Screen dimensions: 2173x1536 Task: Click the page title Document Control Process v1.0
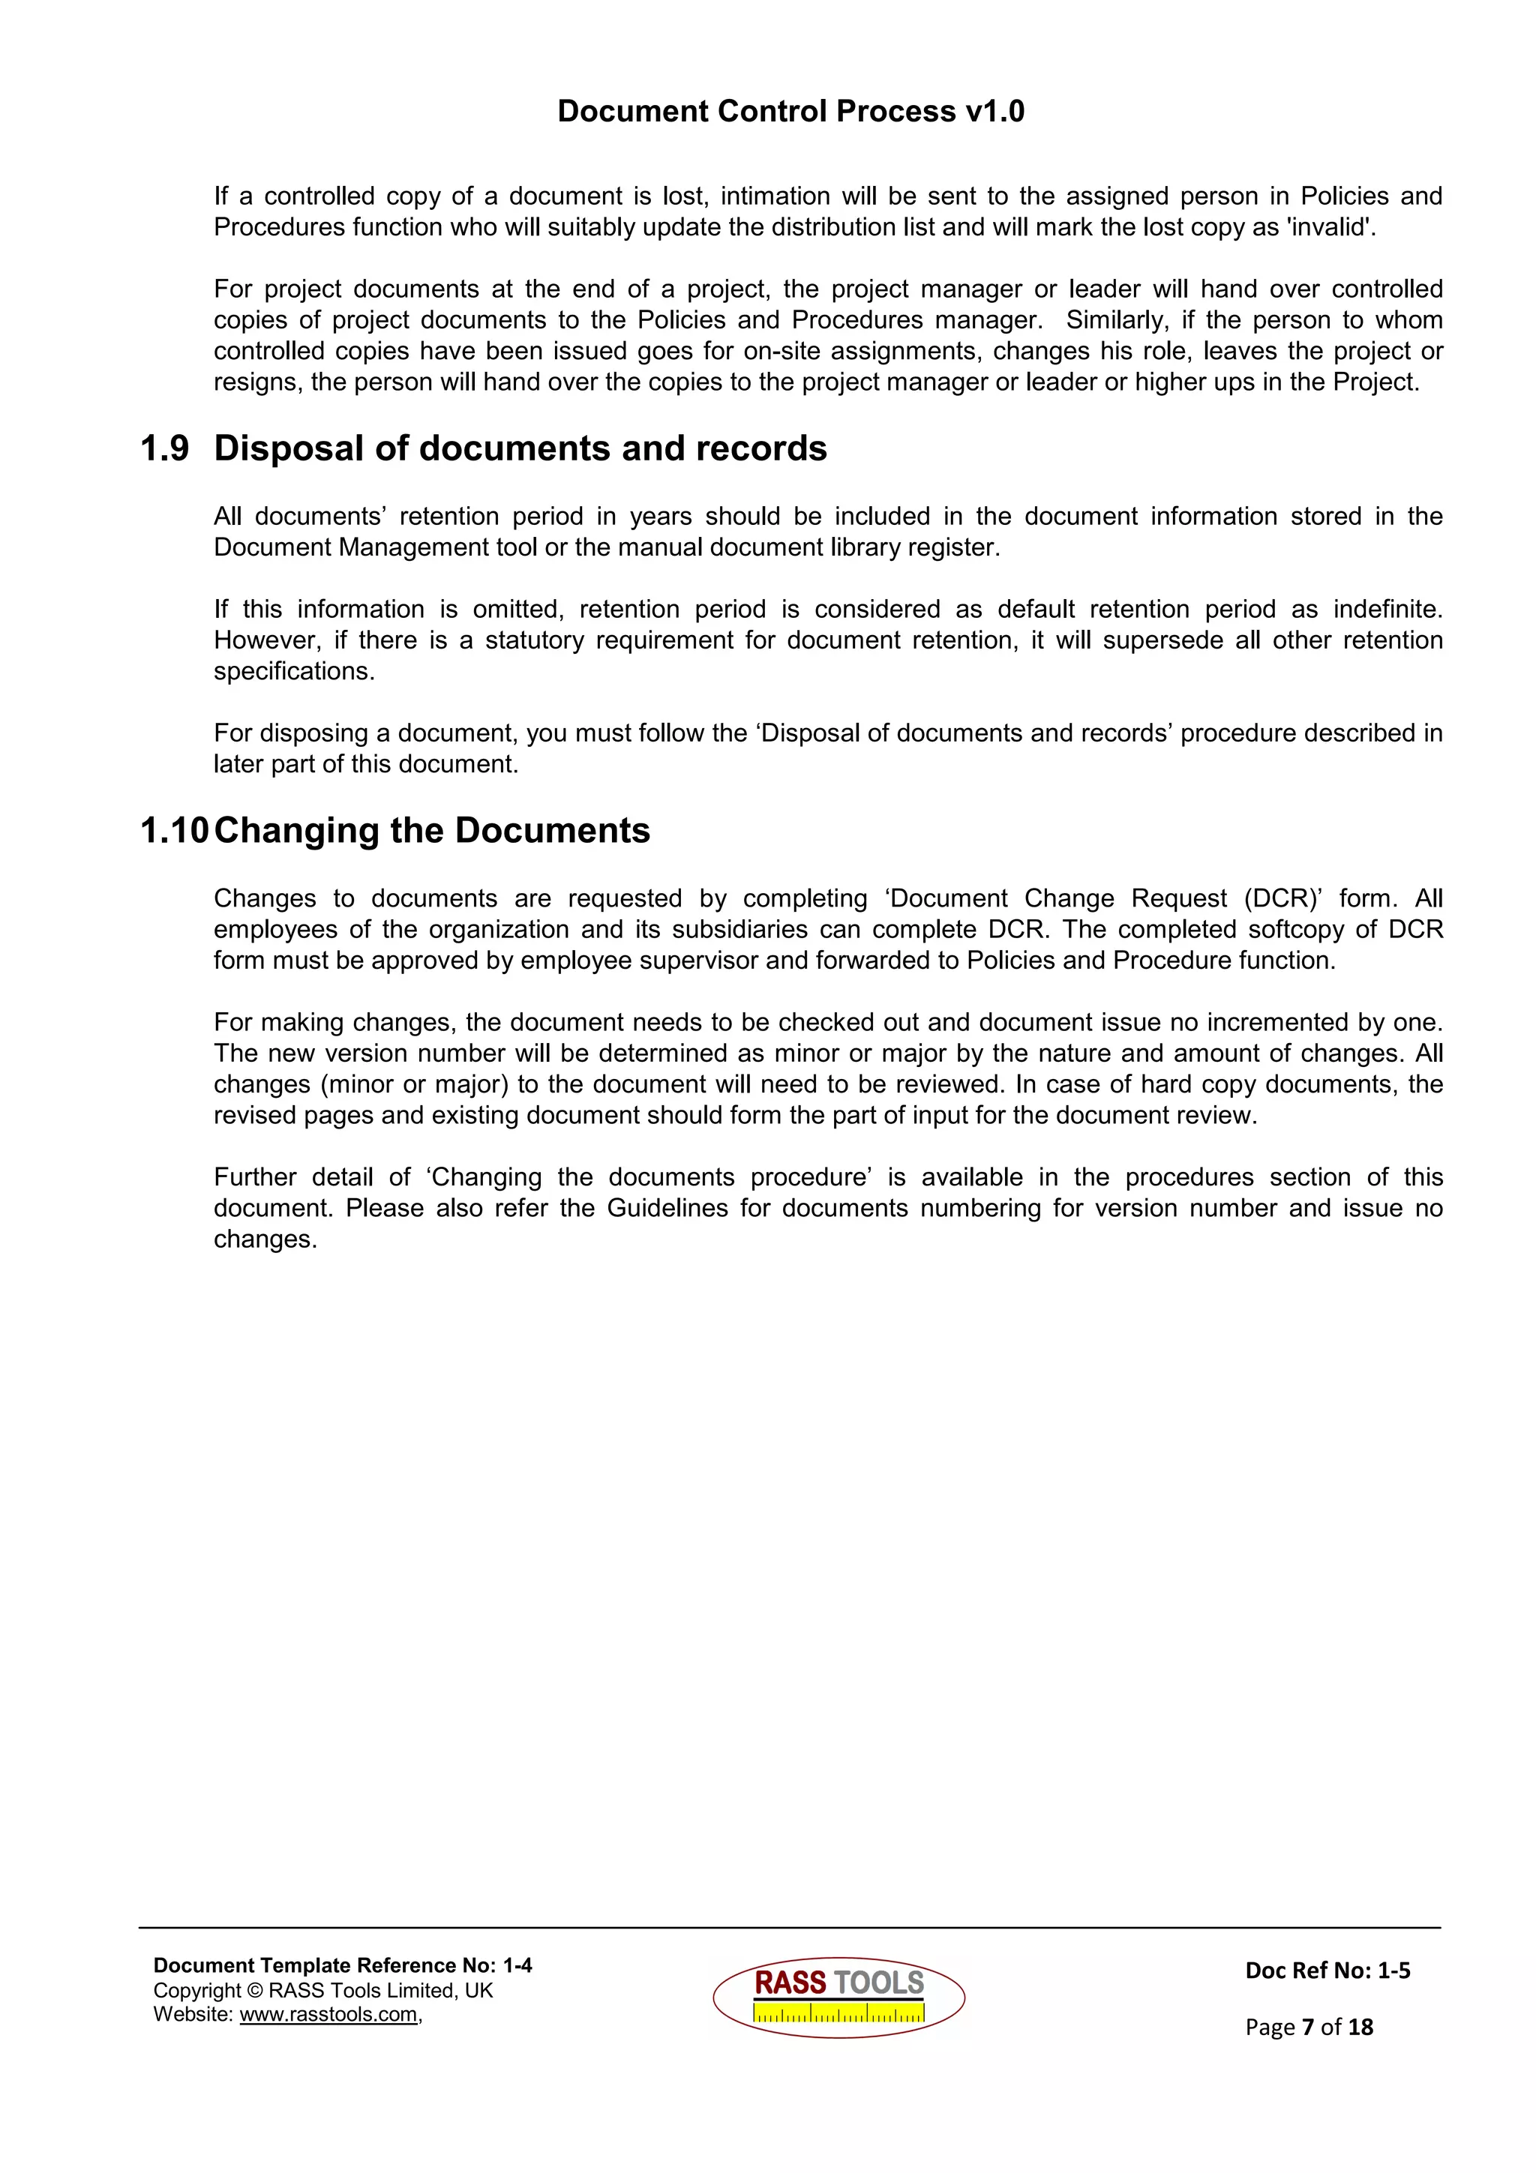tap(790, 111)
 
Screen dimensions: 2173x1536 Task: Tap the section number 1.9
tap(165, 448)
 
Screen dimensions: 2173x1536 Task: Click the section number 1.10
tap(173, 831)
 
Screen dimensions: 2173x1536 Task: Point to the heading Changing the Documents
tap(431, 831)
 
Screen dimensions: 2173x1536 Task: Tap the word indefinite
tap(1387, 609)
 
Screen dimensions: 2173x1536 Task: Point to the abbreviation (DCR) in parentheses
tap(1282, 898)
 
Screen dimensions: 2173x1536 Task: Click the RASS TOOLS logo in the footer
tap(838, 1997)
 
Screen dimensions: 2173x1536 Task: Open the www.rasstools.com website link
tap(328, 2015)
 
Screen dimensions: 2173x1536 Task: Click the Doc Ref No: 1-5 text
tap(1327, 1971)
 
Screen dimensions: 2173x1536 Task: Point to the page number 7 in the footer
tap(1307, 2028)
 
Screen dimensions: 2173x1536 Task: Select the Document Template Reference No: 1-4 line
tap(343, 1966)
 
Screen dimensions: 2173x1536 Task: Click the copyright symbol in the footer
tap(254, 1990)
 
